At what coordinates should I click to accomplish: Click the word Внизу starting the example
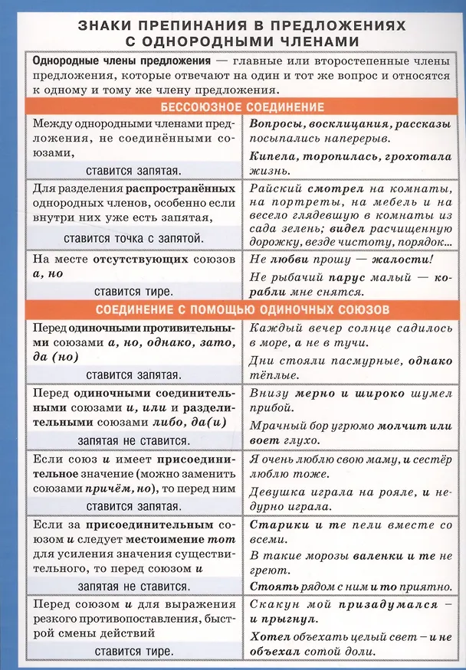(x=268, y=393)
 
